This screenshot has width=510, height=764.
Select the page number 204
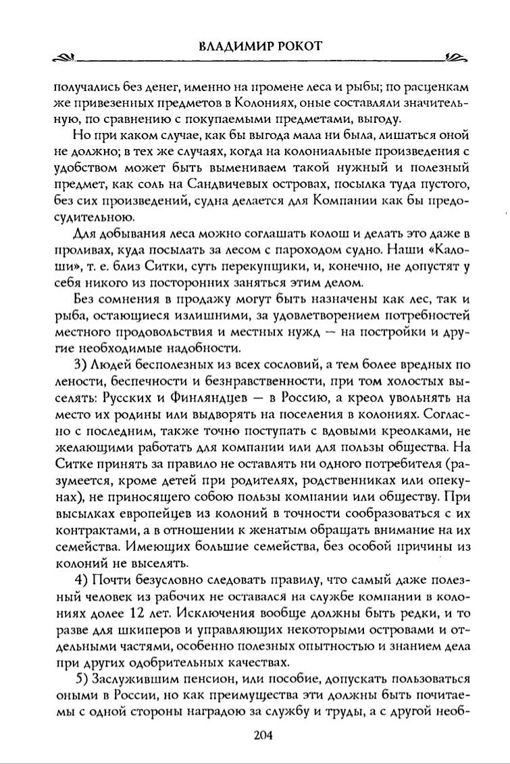point(262,736)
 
